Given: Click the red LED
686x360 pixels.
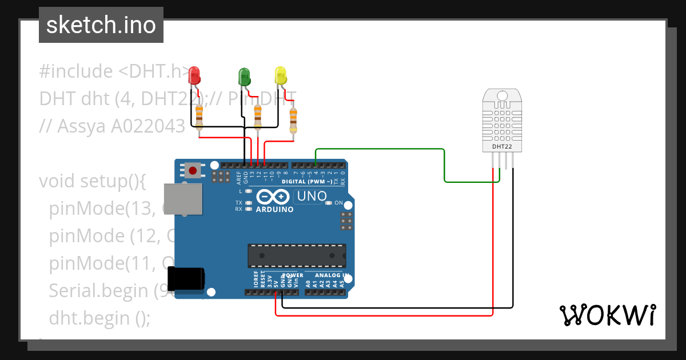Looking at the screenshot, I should (194, 74).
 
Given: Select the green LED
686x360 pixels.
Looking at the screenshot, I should (244, 75).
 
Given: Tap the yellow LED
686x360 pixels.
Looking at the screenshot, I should (280, 75).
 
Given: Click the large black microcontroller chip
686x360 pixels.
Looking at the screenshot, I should (296, 255).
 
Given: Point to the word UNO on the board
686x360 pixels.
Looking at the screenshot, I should (310, 197).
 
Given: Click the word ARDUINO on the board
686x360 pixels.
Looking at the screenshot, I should (274, 209).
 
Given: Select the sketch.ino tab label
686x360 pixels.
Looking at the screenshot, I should (101, 25).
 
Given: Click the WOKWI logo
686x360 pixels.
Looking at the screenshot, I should (607, 315).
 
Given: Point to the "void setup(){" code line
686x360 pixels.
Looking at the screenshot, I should (93, 181).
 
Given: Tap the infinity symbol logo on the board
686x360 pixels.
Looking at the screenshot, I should (272, 197).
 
